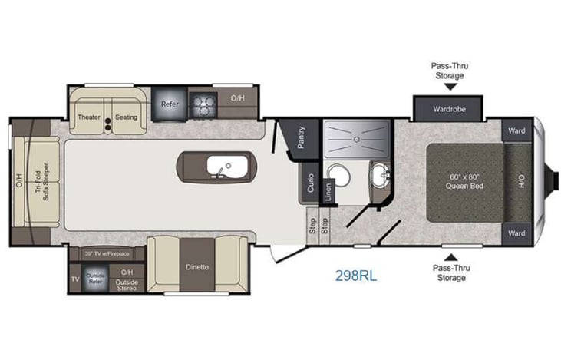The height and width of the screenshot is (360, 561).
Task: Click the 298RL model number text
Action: click(x=355, y=273)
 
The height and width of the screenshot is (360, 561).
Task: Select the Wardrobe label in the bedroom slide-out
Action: click(x=448, y=108)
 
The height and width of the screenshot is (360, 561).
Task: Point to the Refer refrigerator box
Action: click(x=169, y=103)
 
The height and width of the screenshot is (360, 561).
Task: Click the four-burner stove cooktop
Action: click(x=203, y=104)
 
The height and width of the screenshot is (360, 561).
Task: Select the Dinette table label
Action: click(x=197, y=267)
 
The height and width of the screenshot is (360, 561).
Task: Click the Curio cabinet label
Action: click(x=309, y=183)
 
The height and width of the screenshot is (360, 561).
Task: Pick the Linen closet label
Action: click(x=328, y=192)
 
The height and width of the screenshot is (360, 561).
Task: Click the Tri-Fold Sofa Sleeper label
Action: click(x=45, y=181)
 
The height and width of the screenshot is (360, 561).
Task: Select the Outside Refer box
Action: click(x=95, y=278)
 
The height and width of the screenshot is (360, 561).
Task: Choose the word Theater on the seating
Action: click(x=90, y=117)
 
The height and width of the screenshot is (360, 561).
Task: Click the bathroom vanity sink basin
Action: click(x=378, y=177)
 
